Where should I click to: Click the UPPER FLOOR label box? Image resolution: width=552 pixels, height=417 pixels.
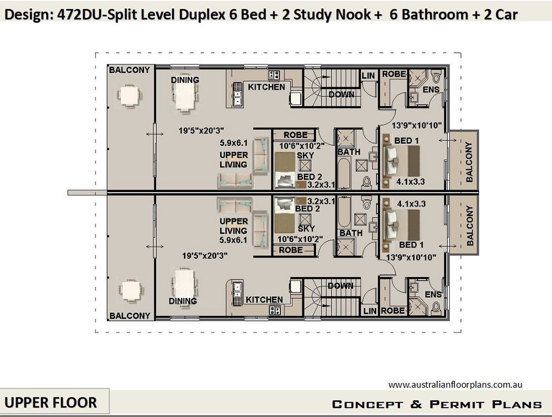point(51,402)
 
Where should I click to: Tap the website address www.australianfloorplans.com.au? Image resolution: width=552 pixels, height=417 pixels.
point(455,385)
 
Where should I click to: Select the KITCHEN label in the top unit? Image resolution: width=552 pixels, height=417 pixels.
point(266,87)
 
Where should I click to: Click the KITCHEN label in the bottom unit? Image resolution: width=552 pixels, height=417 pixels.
point(264,299)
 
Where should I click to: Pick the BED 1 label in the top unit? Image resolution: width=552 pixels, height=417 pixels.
point(406,141)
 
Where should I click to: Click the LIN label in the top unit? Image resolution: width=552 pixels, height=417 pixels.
point(368,75)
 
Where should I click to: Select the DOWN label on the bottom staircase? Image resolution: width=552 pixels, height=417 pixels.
point(340,286)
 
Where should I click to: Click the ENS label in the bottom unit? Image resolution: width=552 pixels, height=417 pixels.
point(433,295)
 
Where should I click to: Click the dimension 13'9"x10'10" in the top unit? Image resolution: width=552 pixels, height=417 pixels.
point(416,125)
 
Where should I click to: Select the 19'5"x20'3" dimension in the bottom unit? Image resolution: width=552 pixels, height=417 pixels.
point(205,256)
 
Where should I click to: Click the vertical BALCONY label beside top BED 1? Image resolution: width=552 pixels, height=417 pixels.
point(469,162)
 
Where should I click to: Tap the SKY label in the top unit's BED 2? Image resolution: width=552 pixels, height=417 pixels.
point(305,155)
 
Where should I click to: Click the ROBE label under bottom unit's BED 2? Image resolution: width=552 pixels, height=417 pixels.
point(291,250)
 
